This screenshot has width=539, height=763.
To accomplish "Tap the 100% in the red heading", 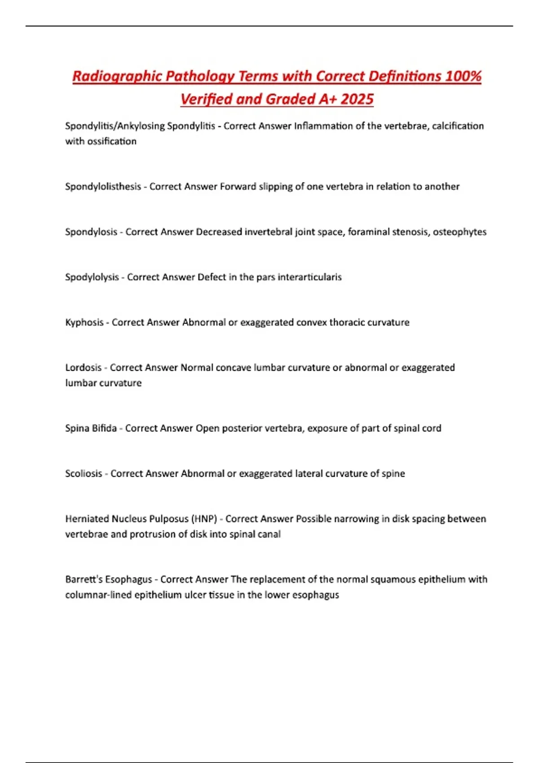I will pyautogui.click(x=463, y=76).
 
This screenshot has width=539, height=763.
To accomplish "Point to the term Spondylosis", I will pyautogui.click(x=91, y=232).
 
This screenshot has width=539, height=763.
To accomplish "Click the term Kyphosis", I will pyautogui.click(x=84, y=322).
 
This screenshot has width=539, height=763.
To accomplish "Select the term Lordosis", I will pyautogui.click(x=83, y=368).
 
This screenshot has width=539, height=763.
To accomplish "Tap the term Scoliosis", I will pyautogui.click(x=84, y=474).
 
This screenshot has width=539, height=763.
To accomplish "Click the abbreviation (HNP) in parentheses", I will pyautogui.click(x=204, y=519).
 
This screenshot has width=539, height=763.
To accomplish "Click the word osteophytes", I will pyautogui.click(x=459, y=232).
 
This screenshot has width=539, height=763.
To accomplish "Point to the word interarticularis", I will pyautogui.click(x=309, y=277).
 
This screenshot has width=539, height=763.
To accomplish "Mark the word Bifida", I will pyautogui.click(x=104, y=428).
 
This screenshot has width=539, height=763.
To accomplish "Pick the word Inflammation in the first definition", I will pyautogui.click(x=323, y=126).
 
